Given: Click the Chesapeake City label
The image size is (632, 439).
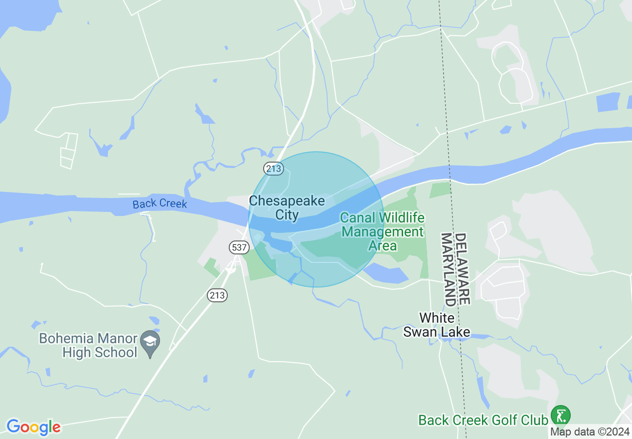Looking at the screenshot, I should click(287, 208).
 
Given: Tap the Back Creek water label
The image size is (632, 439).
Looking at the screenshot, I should click(159, 204).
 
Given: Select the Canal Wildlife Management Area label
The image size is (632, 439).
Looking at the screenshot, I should click(382, 231).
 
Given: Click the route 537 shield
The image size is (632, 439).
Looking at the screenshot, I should click(237, 247).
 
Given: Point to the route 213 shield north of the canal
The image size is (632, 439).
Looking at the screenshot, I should click(274, 169).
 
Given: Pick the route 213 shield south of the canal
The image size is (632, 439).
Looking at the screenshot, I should click(217, 295).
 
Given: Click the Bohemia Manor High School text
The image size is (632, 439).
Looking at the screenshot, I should click(88, 345).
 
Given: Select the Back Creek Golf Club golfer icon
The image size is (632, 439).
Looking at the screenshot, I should click(561, 416).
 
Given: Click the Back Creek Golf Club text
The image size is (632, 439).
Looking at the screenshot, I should click(483, 420).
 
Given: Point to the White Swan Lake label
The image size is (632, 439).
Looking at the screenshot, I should click(437, 325).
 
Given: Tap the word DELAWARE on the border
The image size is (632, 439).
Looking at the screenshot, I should click(462, 269).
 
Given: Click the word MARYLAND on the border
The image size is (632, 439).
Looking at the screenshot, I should click(448, 269).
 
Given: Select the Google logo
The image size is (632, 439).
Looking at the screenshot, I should click(33, 427).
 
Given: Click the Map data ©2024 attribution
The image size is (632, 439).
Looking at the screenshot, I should click(590, 432).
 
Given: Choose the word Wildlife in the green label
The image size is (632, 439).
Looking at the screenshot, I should click(401, 218).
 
